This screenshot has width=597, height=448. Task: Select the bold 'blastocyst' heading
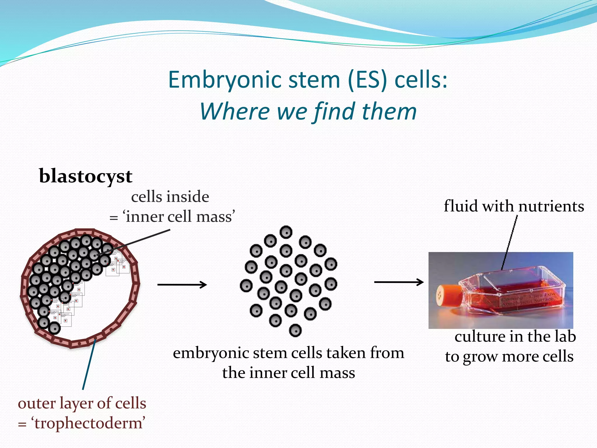[85, 176]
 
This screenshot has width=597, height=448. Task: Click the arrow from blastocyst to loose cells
[182, 284]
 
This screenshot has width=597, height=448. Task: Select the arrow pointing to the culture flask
[398, 282]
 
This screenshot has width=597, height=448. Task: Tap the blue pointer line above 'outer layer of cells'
[89, 365]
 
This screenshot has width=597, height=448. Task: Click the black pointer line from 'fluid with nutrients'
[510, 242]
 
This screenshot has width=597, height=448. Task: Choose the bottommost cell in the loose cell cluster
[295, 330]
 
